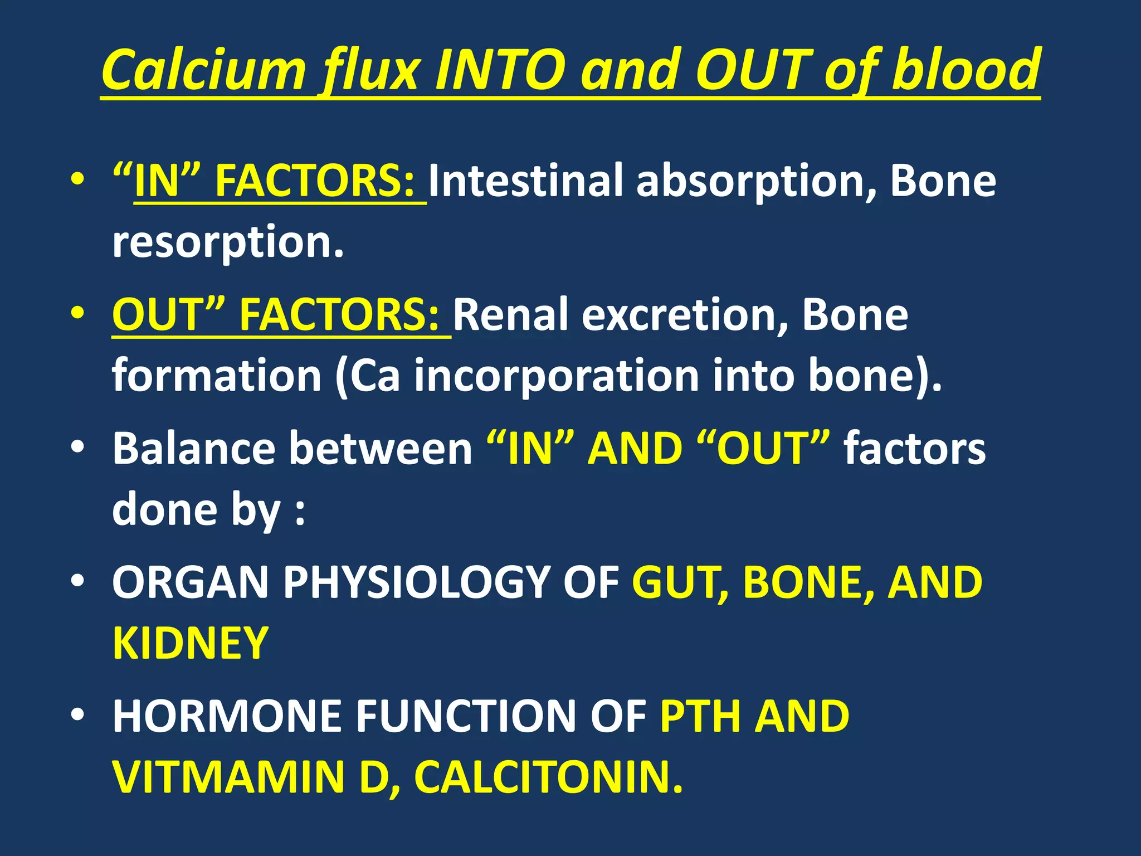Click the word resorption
point(228,243)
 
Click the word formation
point(217,376)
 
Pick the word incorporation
point(557,376)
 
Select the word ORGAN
point(190,582)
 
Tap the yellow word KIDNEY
point(191,643)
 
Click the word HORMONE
point(227,716)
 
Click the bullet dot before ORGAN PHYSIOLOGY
point(77,581)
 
